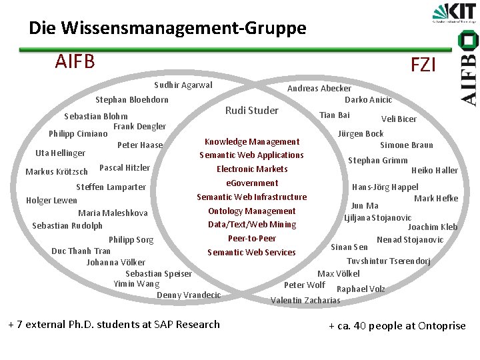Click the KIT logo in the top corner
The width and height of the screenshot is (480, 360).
click(x=455, y=14)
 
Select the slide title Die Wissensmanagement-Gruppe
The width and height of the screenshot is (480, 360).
click(x=167, y=28)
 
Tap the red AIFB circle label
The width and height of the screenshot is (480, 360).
click(x=75, y=61)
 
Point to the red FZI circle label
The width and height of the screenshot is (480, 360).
click(x=423, y=65)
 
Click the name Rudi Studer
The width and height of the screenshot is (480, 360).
click(x=252, y=110)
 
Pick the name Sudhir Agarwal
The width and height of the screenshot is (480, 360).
click(x=183, y=85)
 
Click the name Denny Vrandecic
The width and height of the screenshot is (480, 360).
click(x=189, y=295)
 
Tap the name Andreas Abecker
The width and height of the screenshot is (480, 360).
click(x=319, y=88)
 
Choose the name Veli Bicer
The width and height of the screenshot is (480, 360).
click(x=399, y=119)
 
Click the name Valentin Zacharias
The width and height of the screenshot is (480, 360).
click(x=305, y=300)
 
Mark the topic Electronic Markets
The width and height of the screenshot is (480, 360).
click(x=252, y=169)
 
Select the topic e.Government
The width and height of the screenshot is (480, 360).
click(x=252, y=183)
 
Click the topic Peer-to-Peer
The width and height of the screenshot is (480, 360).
click(x=252, y=238)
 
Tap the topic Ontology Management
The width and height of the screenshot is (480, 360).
click(x=252, y=211)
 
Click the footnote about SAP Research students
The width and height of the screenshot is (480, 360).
click(x=114, y=325)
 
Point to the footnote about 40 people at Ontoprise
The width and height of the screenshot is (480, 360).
click(x=397, y=325)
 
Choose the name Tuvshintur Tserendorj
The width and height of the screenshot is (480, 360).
click(x=389, y=261)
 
